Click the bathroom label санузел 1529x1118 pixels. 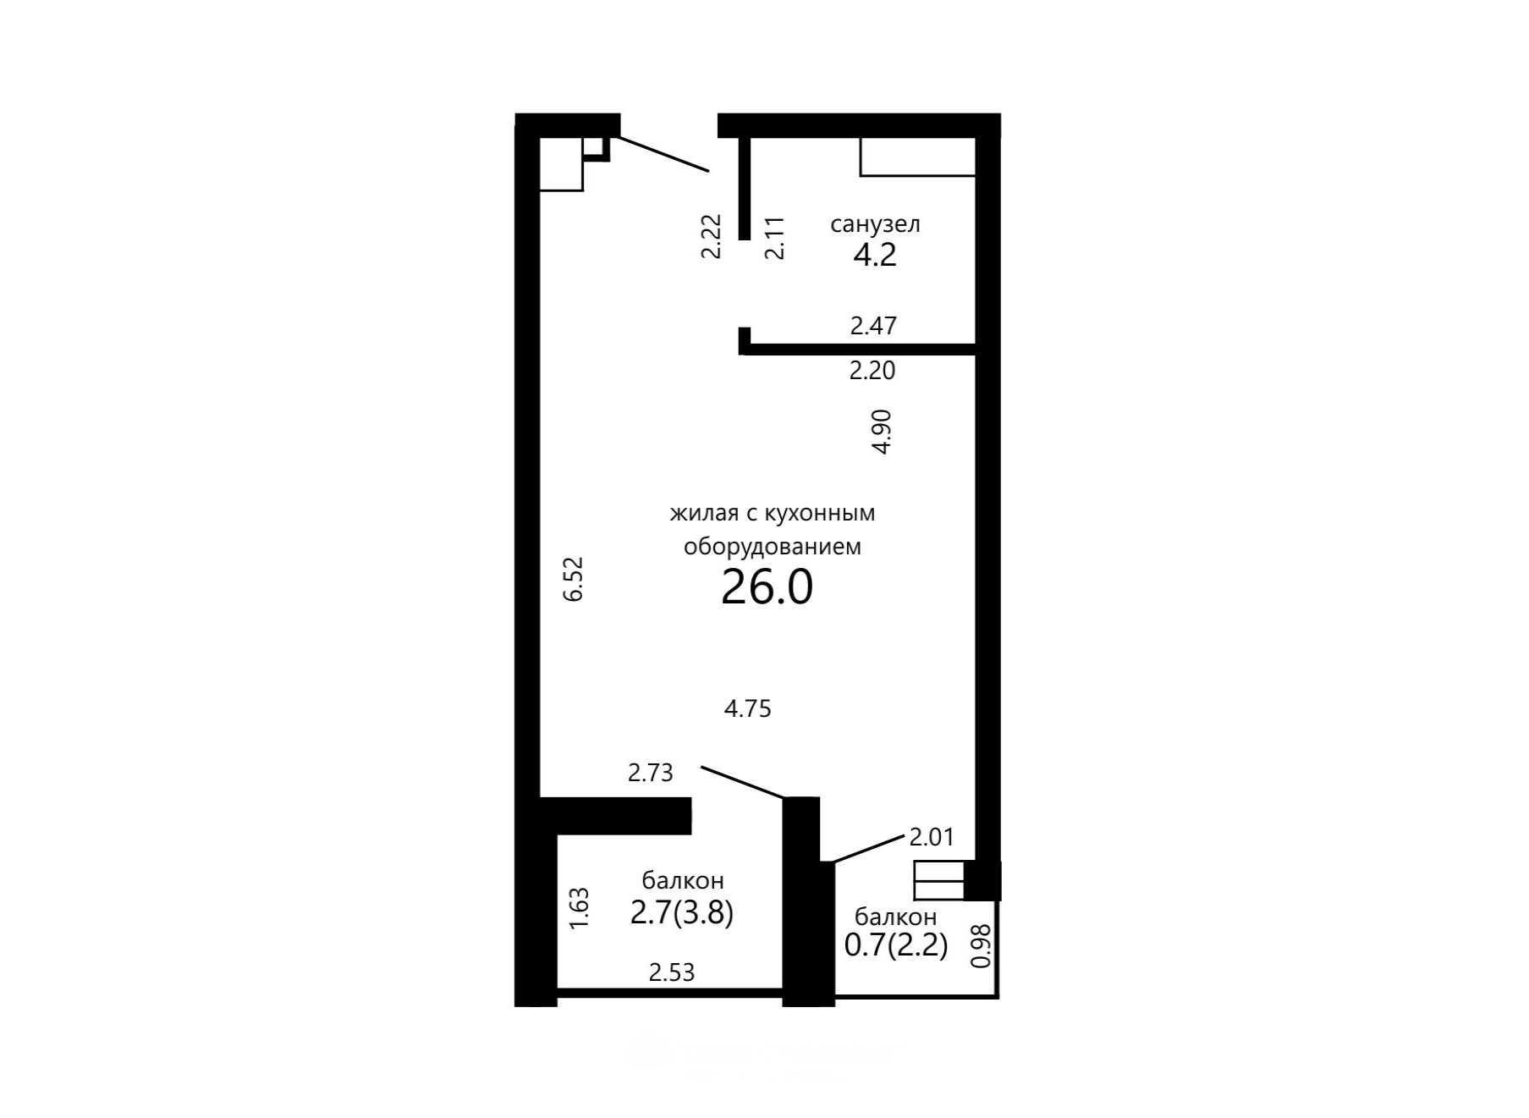tap(875, 224)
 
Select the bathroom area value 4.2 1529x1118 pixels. tap(874, 254)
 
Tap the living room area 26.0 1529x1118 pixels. tap(767, 587)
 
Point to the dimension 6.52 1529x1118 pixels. tap(574, 578)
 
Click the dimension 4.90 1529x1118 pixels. tap(882, 432)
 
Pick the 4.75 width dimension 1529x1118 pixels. tap(748, 708)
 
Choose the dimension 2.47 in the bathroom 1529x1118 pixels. tap(873, 326)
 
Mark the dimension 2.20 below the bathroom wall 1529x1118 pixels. tap(872, 371)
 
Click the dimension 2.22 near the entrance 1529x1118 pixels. tap(712, 236)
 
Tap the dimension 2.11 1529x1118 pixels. tap(775, 238)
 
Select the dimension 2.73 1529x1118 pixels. tap(651, 772)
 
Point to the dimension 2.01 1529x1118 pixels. tap(932, 837)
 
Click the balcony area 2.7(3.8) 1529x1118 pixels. tap(682, 912)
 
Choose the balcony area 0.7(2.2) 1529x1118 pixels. tap(896, 944)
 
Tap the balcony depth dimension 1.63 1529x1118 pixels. tap(580, 908)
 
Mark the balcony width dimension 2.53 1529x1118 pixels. tap(672, 972)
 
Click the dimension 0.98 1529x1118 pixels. tap(982, 945)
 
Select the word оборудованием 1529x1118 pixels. tap(773, 547)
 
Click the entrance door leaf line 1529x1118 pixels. tap(660, 154)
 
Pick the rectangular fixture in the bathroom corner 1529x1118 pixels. tap(918, 157)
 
